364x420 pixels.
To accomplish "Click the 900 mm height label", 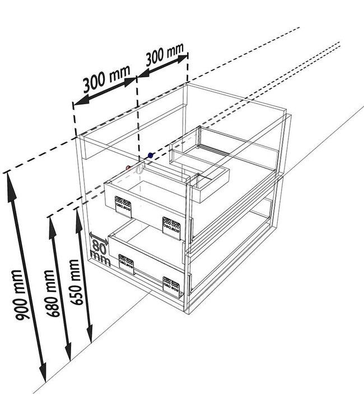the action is coord(20,296).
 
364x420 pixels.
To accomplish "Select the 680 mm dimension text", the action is coord(52,293).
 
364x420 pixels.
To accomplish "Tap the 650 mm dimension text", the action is coord(75,282).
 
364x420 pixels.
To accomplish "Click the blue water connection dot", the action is coord(151,155).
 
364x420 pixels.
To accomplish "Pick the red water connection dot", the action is coord(129,168).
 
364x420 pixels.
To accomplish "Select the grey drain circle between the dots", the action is coord(139,169).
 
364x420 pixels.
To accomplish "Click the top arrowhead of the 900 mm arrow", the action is coord(11,185).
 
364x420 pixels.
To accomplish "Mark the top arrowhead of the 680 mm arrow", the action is coord(52,228).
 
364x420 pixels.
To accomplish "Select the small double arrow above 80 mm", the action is coord(99,238).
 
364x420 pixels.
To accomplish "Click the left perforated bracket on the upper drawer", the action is coord(123,207).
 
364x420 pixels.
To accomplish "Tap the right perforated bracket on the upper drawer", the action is coord(172,228).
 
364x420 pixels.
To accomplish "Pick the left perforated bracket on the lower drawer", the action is coord(126,264).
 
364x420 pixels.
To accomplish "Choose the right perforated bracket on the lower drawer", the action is coord(171,287).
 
